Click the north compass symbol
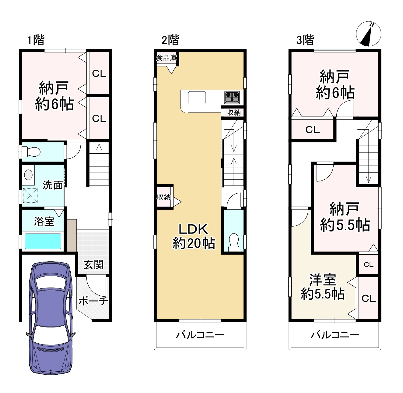(x=368, y=34)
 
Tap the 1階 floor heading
(x=36, y=40)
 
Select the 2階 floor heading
(x=170, y=40)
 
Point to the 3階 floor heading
(x=305, y=40)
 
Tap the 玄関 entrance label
(x=93, y=265)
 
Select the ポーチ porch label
(x=93, y=301)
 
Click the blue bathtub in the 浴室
(x=43, y=241)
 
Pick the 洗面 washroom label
(x=53, y=185)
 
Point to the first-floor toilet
(x=31, y=152)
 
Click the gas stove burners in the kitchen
(x=232, y=97)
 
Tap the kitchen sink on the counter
(x=197, y=98)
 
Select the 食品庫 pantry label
(x=166, y=58)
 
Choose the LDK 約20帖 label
(x=194, y=236)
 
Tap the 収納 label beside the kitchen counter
(x=233, y=113)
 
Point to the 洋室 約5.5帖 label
(x=322, y=287)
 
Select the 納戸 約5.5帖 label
(x=345, y=217)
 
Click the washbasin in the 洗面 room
(x=28, y=175)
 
